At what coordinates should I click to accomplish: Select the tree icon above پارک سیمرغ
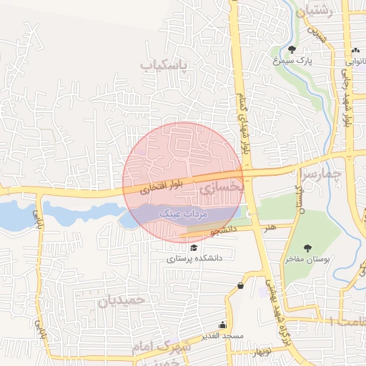pyautogui.click(x=292, y=49)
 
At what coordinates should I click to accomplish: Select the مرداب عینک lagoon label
pyautogui.click(x=189, y=214)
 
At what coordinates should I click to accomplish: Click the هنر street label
pyautogui.click(x=269, y=227)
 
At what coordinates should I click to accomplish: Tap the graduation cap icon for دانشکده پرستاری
pyautogui.click(x=194, y=247)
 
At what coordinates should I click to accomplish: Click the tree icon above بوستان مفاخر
pyautogui.click(x=307, y=247)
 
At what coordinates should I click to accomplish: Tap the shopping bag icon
pyautogui.click(x=240, y=286)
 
